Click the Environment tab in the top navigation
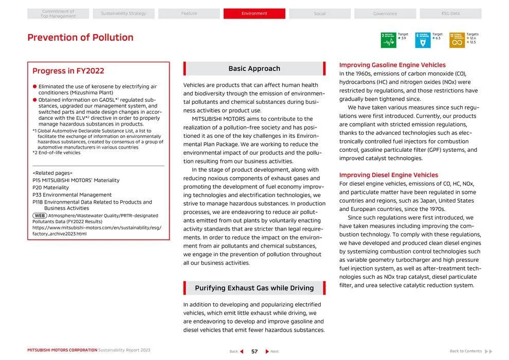click(254, 13)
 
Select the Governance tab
click(385, 14)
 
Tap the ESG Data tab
click(450, 13)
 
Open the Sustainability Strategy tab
click(123, 13)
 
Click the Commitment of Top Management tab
click(58, 14)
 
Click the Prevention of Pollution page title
click(80, 38)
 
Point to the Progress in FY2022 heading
click(68, 71)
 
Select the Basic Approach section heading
click(254, 68)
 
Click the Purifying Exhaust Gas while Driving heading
click(254, 288)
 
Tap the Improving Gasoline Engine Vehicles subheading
click(392, 65)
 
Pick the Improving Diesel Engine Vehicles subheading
click(389, 175)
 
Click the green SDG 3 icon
click(388, 40)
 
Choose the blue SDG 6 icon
click(423, 40)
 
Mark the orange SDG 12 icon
click(457, 40)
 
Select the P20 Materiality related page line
click(50, 188)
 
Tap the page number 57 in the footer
click(254, 351)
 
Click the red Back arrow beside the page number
click(242, 351)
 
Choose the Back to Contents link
click(466, 351)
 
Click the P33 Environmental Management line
click(72, 195)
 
